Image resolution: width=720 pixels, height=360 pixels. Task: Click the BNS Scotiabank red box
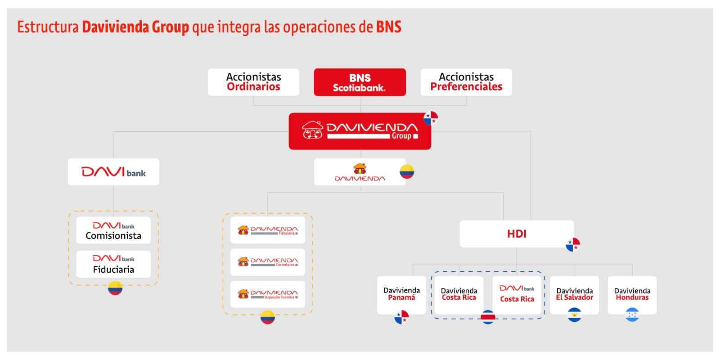360,82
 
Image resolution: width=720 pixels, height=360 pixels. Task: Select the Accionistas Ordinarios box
253,82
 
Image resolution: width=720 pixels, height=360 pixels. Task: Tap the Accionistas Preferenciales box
466,82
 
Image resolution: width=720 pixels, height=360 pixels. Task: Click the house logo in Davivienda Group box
312,130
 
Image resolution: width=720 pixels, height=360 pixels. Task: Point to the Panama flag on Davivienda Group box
431,118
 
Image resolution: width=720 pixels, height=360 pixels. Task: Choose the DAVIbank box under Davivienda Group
113,172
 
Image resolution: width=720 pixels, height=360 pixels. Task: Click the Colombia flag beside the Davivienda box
407,171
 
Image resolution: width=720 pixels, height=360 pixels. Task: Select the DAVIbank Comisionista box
113,230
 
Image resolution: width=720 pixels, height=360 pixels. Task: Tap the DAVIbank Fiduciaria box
113,264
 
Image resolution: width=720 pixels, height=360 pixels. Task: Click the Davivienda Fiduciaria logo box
268,230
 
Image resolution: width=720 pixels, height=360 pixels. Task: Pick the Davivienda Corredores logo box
268,262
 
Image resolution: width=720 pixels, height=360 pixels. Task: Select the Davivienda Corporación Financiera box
268,294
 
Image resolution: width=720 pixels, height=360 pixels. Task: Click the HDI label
517,234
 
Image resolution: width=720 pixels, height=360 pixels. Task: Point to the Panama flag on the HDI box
573,244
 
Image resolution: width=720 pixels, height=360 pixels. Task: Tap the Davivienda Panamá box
401,294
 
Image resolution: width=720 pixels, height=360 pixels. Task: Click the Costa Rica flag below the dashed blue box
488,317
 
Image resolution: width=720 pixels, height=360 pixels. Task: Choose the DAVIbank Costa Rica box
517,294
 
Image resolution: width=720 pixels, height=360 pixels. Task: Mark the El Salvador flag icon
575,315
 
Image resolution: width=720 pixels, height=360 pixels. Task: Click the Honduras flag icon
632,315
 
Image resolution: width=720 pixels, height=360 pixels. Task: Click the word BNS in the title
389,27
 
